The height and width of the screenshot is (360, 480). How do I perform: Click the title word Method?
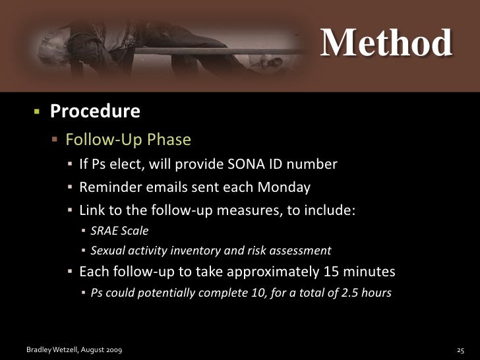386,43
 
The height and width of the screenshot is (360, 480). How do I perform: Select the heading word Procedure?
95,111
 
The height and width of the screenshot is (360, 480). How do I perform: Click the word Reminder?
106,187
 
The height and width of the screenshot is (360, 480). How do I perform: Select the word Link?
92,210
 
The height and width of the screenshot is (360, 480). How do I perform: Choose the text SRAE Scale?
119,231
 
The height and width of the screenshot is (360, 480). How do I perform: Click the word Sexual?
107,251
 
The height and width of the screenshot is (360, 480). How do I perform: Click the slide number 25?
461,348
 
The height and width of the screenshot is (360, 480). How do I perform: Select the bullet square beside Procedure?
38,111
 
